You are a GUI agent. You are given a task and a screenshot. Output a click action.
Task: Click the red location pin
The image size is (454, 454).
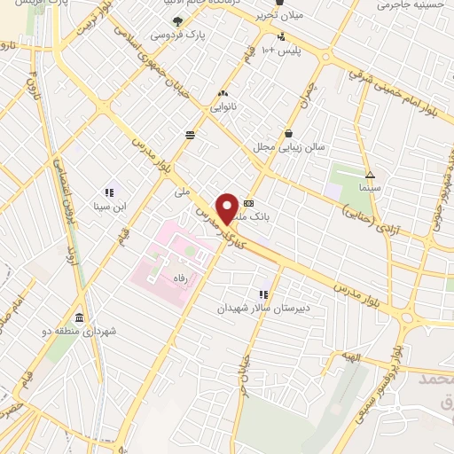point(228,207)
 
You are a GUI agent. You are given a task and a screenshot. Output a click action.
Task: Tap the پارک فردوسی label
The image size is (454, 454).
point(172,35)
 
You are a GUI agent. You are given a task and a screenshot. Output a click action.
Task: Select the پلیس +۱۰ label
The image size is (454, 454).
point(286,51)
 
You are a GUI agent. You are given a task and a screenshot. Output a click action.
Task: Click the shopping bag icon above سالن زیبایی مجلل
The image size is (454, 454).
point(289,134)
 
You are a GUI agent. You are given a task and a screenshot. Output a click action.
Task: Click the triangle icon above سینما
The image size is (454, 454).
point(370,175)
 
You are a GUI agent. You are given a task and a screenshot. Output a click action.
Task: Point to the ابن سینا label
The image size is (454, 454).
point(108,206)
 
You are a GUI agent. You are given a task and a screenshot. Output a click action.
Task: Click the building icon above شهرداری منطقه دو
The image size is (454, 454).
point(80,317)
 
